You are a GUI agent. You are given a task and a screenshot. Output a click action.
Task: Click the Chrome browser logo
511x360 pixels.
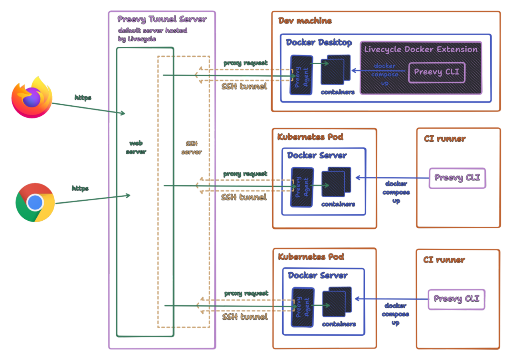click(35, 202)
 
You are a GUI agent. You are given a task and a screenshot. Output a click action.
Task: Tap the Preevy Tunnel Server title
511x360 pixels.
click(162, 19)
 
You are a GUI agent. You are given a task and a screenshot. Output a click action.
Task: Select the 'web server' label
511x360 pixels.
click(136, 147)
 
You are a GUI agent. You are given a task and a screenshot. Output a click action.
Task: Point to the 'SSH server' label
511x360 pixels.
click(191, 148)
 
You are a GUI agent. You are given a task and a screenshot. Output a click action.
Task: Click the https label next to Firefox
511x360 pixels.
click(83, 97)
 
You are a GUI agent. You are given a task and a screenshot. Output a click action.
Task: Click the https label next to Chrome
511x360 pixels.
click(80, 188)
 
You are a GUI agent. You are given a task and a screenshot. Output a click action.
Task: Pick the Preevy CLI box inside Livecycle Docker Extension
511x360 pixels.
click(436, 72)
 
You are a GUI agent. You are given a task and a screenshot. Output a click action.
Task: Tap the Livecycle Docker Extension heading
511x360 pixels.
click(421, 49)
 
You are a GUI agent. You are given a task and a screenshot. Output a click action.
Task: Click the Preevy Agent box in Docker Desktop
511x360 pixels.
click(301, 75)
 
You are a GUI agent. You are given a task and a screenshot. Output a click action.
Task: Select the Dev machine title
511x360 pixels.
click(305, 21)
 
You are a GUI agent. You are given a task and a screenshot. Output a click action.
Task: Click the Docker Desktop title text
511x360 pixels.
click(319, 42)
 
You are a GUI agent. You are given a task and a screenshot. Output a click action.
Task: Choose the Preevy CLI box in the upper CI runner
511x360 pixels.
click(457, 178)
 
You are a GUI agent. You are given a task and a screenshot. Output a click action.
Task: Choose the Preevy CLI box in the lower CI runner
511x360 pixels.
click(456, 299)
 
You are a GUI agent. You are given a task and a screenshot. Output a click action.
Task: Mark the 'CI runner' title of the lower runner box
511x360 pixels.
click(444, 260)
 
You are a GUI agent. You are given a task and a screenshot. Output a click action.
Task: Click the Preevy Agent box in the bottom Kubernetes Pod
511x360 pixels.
click(302, 307)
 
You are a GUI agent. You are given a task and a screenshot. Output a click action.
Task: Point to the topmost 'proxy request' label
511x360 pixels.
click(245, 63)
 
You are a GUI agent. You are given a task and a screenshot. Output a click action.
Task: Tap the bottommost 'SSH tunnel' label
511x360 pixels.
click(245, 317)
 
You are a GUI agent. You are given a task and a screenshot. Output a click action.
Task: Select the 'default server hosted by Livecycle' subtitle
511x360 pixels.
click(152, 34)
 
